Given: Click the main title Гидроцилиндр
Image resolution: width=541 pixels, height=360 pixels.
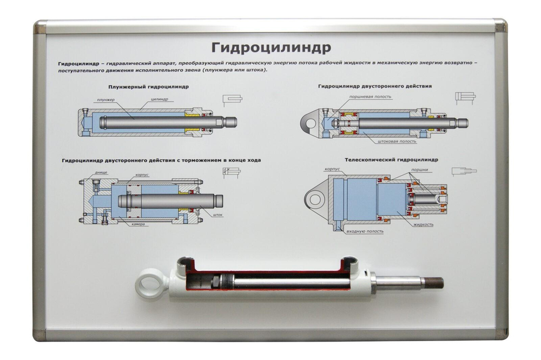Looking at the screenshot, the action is click(271, 48).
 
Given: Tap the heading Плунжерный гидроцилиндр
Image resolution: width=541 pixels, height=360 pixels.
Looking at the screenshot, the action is click(148, 86).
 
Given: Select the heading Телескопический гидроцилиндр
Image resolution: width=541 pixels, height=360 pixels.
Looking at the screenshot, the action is click(391, 159).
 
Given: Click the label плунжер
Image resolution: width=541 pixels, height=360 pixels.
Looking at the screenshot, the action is click(105, 99).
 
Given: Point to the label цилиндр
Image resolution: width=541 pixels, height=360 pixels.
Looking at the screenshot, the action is click(160, 99).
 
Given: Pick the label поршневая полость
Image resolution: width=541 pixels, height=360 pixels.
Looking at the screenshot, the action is click(370, 97).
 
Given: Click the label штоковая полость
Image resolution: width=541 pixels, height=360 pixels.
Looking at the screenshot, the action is click(397, 141).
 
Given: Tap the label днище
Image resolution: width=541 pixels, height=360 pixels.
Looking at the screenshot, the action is click(101, 172).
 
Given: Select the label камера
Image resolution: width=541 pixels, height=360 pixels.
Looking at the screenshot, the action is click(138, 224).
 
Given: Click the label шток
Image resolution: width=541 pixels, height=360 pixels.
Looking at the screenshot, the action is click(217, 215).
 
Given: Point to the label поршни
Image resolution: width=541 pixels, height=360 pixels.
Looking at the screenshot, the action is click(420, 170).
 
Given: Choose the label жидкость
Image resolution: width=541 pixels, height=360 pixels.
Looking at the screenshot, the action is click(423, 224).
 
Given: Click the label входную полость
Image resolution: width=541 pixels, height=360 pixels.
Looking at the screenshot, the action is click(365, 231).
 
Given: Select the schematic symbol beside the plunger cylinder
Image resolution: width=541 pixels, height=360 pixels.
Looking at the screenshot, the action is click(232, 101).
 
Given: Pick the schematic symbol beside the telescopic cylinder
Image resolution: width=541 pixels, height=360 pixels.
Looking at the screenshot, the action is click(464, 171).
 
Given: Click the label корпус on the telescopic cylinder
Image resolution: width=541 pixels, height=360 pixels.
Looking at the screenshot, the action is click(332, 169).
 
